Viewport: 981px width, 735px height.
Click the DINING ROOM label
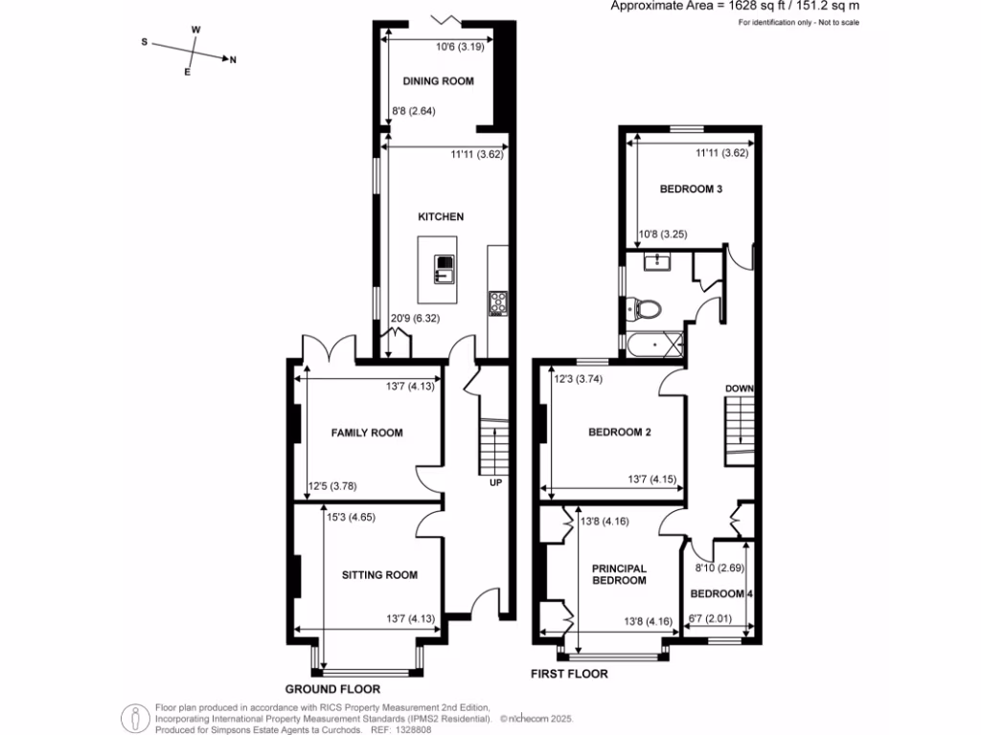[x=438, y=81]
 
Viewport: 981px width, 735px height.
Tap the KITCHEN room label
[x=440, y=217]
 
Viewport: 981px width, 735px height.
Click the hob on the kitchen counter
[x=497, y=302]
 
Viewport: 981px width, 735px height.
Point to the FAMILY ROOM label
[x=367, y=433]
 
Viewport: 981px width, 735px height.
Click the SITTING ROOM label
[x=380, y=575]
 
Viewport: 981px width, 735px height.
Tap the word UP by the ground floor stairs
[x=496, y=482]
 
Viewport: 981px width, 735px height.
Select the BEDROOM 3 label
[x=690, y=189]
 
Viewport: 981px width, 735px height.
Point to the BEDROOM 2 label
[x=619, y=433]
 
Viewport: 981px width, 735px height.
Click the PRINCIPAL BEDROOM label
[x=619, y=574]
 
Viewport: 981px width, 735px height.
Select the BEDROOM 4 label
[x=722, y=593]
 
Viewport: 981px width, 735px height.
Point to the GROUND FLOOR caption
[x=332, y=689]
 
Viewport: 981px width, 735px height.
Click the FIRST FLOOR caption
[x=569, y=675]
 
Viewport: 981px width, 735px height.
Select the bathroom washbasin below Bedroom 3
[x=657, y=260]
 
